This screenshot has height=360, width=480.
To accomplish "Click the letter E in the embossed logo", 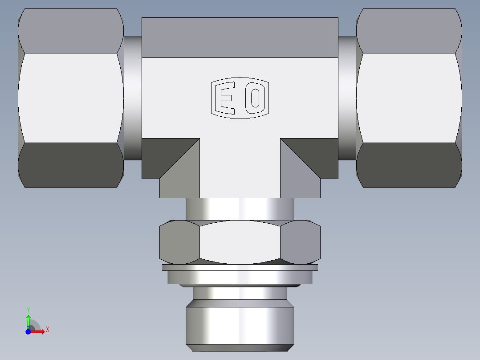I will pyautogui.click(x=225, y=98).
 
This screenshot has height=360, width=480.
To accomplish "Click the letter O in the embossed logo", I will pyautogui.click(x=255, y=98).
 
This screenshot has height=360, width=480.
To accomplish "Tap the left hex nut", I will pyautogui.click(x=70, y=98).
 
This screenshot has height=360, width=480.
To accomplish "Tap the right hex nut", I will pyautogui.click(x=409, y=98).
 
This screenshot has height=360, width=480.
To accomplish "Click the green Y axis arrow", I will pyautogui.click(x=28, y=320).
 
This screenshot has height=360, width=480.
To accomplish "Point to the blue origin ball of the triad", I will pyautogui.click(x=28, y=331).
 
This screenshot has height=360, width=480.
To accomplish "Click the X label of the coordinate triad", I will pyautogui.click(x=47, y=330).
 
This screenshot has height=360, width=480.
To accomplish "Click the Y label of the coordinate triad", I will pyautogui.click(x=28, y=310).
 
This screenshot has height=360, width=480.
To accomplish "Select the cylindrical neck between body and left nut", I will pyautogui.click(x=133, y=98).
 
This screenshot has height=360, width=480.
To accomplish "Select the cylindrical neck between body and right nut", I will pyautogui.click(x=347, y=98).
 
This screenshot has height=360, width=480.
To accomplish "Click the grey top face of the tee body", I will pyautogui.click(x=240, y=38).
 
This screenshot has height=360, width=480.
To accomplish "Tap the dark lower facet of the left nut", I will pyautogui.click(x=70, y=165).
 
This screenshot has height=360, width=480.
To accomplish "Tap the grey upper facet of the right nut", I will pyautogui.click(x=409, y=31).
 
